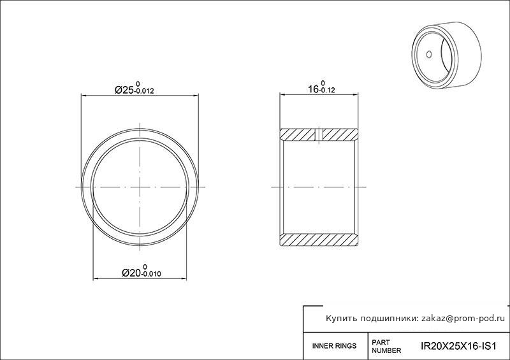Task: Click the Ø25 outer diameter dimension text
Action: click(x=124, y=90)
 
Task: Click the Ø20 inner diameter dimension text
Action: click(x=131, y=273)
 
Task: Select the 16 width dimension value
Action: click(x=313, y=89)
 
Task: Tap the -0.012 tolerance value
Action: click(x=144, y=91)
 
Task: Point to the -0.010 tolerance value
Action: click(x=150, y=274)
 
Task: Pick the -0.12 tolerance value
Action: click(x=327, y=90)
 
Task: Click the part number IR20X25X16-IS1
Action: click(x=458, y=346)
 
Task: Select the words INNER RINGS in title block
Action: click(x=334, y=346)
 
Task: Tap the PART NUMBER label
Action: click(x=386, y=347)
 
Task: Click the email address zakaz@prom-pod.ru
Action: click(x=463, y=319)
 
